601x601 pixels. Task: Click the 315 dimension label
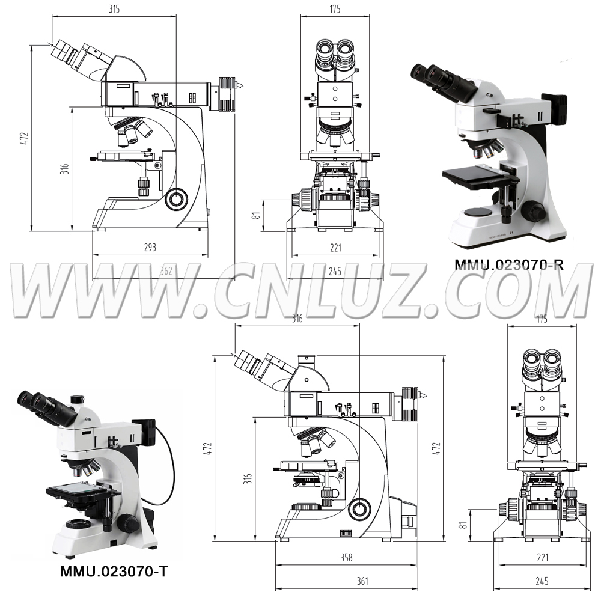click(114, 9)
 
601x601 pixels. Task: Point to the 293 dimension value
click(150, 247)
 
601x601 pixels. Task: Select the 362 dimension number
click(166, 271)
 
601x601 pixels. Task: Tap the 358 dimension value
click(347, 557)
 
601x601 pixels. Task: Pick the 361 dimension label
click(362, 581)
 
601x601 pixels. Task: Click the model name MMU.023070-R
click(509, 264)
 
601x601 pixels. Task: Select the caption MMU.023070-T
click(114, 572)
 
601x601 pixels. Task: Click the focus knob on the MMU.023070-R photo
click(532, 212)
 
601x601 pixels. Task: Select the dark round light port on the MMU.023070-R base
click(478, 213)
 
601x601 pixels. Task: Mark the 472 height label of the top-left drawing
click(24, 138)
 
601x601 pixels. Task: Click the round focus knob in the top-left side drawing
click(176, 199)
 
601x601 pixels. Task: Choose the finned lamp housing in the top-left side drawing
click(227, 94)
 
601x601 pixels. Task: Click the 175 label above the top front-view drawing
click(335, 9)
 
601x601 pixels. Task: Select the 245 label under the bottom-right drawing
click(542, 581)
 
